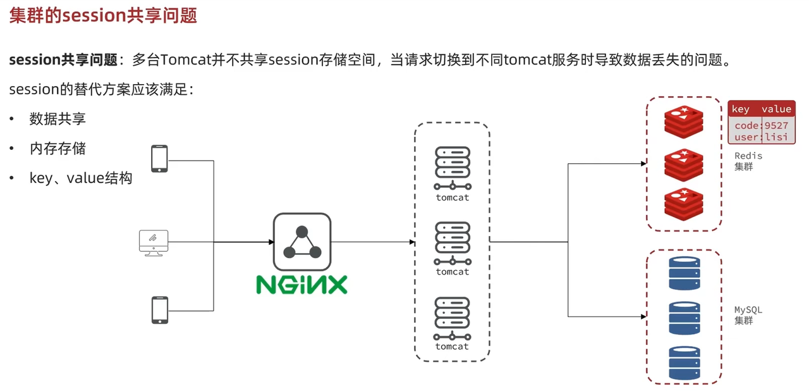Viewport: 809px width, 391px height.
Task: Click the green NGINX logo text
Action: click(301, 284)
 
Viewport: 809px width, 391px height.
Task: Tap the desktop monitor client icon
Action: click(154, 242)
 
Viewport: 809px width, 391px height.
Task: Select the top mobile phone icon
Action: click(159, 158)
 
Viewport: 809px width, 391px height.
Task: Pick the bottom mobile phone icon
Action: click(159, 310)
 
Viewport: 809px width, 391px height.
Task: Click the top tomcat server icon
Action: click(453, 168)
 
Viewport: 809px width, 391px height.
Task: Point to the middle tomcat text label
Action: click(453, 271)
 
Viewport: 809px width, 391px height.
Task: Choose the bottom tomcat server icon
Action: click(453, 318)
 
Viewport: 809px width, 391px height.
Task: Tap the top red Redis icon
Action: click(683, 121)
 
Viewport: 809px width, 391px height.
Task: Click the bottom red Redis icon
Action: click(683, 203)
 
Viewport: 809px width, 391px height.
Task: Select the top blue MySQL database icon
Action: click(684, 272)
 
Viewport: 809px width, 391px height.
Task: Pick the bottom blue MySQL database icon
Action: click(684, 362)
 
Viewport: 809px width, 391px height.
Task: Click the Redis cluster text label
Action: click(748, 161)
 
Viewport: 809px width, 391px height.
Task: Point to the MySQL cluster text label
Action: click(748, 315)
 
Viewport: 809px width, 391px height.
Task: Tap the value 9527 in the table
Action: click(776, 125)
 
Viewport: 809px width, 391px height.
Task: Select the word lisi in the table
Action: click(776, 137)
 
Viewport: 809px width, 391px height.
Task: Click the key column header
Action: click(740, 109)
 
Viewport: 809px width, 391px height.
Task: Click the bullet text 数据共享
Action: click(58, 119)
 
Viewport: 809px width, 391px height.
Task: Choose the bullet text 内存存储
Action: click(58, 149)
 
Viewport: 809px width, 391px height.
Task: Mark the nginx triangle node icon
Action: click(301, 242)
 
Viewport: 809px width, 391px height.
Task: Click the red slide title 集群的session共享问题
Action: click(103, 15)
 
